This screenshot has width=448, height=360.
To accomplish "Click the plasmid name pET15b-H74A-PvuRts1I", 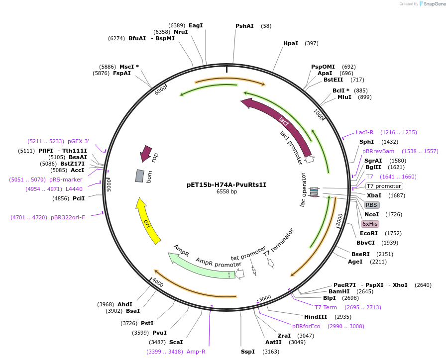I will (226, 184).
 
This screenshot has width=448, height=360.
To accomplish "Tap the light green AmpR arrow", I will (199, 266).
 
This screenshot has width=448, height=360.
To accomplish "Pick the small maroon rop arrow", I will (146, 153).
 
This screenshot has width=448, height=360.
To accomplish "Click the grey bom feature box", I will (140, 176).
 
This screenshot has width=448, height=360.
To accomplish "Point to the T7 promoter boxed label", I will (384, 186).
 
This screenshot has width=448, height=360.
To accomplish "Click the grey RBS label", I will (372, 205).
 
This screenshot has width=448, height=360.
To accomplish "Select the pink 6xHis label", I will (370, 224).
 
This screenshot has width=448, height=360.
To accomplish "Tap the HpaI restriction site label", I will (291, 43).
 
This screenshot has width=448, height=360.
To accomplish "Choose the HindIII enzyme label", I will (316, 317).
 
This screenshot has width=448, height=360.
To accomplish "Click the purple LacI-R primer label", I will (364, 132).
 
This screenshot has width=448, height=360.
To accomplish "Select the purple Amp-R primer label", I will (196, 352).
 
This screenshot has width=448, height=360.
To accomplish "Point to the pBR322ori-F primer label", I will (68, 217).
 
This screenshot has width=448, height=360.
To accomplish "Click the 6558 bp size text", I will (226, 192).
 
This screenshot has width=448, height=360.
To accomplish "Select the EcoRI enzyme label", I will (369, 233).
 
